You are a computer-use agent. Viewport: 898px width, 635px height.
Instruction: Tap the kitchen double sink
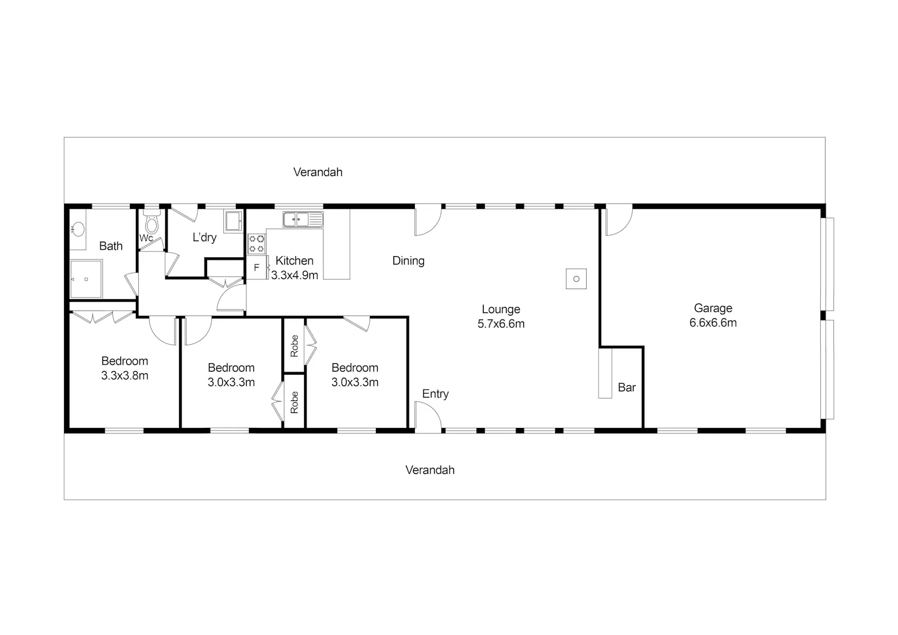[303, 220]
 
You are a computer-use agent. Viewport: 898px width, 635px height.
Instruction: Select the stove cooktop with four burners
[257, 244]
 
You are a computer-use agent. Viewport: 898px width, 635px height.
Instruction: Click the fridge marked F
[257, 268]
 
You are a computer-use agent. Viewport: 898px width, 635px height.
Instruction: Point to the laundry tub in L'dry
[233, 221]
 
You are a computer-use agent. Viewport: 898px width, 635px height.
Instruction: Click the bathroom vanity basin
[77, 229]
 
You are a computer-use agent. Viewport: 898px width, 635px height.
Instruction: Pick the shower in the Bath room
[86, 279]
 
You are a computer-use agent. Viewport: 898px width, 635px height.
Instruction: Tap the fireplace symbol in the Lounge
[576, 279]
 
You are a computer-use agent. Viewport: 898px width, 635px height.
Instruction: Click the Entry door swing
[428, 417]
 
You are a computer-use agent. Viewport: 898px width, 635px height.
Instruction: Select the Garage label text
[713, 308]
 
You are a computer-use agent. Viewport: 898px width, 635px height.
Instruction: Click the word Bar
[627, 387]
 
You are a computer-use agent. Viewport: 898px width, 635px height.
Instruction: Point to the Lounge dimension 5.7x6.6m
[500, 324]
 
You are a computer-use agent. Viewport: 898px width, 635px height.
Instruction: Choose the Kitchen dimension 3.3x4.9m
[295, 275]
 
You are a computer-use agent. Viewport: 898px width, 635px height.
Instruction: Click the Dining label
[408, 261]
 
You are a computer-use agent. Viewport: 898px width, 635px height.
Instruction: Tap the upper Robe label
[295, 345]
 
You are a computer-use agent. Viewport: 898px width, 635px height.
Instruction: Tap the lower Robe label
[295, 403]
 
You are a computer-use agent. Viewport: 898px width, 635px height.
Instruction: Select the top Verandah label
[317, 172]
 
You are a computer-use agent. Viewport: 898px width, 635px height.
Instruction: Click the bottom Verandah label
[430, 470]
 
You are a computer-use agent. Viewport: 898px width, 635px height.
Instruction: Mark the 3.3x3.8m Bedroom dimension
[125, 376]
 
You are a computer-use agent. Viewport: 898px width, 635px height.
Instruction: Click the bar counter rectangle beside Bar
[605, 373]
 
